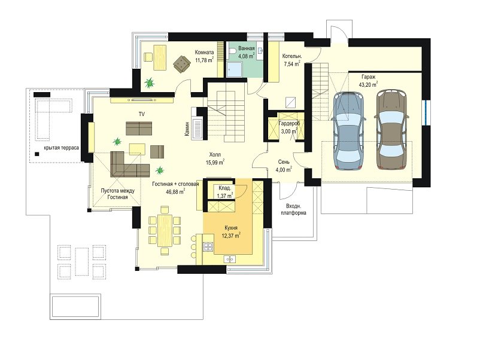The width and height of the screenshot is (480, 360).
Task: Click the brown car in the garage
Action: click(391, 130)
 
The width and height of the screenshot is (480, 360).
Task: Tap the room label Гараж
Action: click(368, 77)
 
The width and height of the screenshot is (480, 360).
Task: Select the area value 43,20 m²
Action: click(369, 85)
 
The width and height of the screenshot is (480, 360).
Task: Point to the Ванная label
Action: click(247, 48)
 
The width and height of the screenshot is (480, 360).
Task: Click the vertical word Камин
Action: click(187, 127)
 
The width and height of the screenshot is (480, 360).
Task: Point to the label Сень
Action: click(284, 162)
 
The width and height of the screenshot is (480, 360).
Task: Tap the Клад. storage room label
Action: click(224, 188)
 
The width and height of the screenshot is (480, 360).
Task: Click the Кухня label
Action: click(232, 228)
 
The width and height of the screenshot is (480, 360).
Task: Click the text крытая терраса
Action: click(61, 147)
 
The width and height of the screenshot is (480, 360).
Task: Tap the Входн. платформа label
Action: click(293, 209)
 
